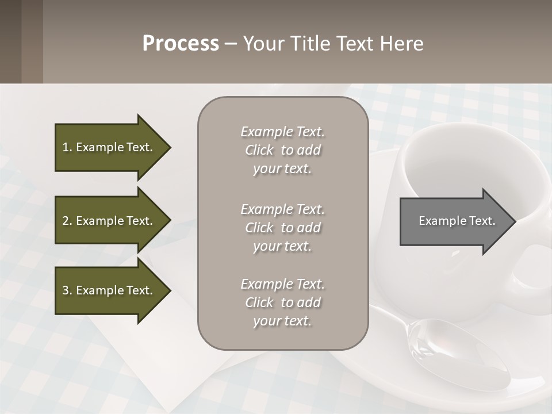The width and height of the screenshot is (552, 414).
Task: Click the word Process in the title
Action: [181, 44]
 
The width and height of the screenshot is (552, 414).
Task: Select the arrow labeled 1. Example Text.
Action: [109, 147]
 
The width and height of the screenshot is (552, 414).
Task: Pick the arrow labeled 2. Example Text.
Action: [109, 221]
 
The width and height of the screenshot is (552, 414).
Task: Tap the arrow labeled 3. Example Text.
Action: [109, 290]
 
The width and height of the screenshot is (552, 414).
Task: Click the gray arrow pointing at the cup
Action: [454, 221]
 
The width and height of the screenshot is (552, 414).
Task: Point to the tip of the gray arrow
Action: [514, 221]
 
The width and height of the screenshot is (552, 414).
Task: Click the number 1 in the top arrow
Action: [66, 147]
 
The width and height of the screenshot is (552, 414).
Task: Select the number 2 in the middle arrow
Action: [66, 221]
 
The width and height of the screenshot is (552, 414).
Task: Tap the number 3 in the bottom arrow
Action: [66, 290]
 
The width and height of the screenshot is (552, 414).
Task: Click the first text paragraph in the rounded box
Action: [282, 150]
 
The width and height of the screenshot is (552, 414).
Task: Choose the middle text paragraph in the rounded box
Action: [282, 228]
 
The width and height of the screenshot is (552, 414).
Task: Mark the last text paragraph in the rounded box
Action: [282, 302]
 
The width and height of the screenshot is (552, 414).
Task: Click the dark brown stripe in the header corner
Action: [32, 41]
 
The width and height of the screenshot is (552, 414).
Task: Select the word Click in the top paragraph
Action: [259, 151]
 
